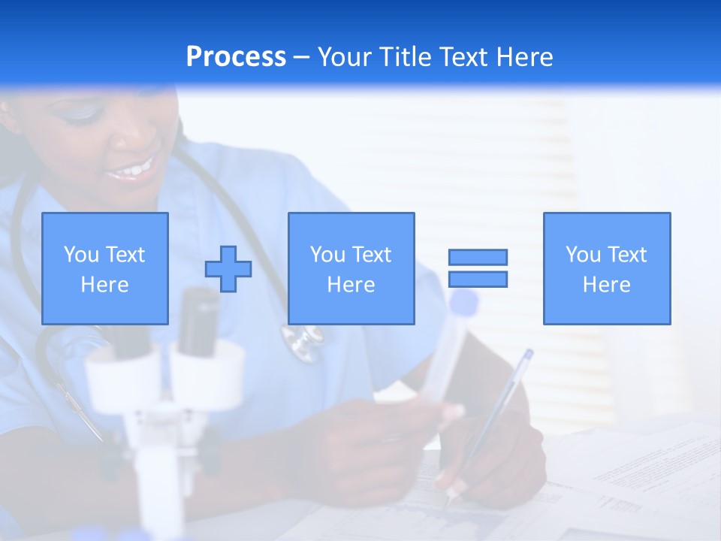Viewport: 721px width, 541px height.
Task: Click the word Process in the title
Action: [x=236, y=57]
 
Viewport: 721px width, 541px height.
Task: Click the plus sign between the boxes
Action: [x=228, y=268]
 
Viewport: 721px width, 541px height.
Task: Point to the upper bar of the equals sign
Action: [x=478, y=257]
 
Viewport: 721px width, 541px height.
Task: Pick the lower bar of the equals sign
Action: [x=478, y=279]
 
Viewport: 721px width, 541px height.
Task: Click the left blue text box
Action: [x=105, y=268]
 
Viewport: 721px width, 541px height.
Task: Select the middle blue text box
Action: [x=351, y=268]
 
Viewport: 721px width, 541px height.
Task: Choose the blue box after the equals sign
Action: [x=607, y=268]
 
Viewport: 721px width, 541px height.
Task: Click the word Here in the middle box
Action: [x=351, y=285]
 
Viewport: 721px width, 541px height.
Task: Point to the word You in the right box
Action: [x=584, y=255]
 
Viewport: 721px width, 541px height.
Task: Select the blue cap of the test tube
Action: [x=464, y=302]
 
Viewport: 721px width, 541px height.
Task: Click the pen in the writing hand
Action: [x=496, y=413]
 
